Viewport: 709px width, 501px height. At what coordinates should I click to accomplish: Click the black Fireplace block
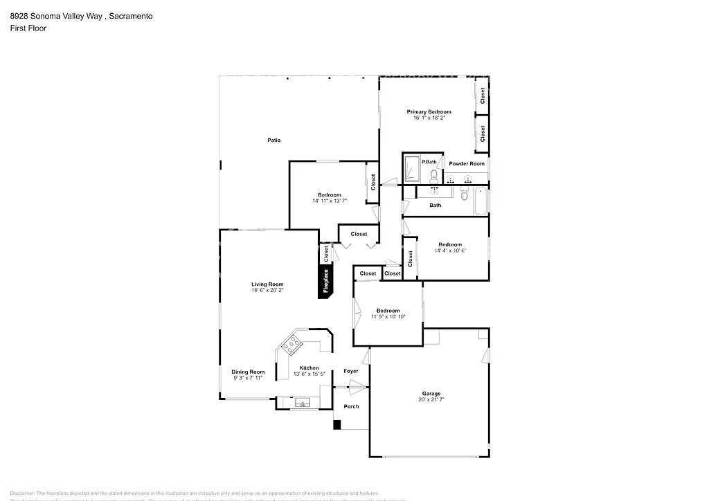pos(325,281)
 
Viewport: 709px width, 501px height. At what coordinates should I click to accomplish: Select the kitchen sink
pos(303,402)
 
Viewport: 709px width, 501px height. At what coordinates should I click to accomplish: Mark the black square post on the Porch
pos(337,425)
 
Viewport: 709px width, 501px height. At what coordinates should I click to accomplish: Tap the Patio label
pos(274,140)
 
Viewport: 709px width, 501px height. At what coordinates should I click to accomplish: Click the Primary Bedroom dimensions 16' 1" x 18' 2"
pos(429,118)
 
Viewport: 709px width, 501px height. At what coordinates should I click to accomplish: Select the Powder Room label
pos(467,163)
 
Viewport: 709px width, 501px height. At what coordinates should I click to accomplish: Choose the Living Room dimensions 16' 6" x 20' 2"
pos(267,291)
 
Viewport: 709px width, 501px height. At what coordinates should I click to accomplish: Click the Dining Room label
pos(248,372)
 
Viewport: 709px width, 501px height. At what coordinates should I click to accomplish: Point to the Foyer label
pos(352,371)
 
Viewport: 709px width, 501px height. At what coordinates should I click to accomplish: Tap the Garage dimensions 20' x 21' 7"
pos(431,400)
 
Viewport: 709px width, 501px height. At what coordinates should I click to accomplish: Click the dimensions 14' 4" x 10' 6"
pos(450,250)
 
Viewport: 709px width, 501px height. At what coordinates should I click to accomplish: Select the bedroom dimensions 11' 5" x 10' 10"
pos(388,317)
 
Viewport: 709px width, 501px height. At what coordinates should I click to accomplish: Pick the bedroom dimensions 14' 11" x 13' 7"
pos(330,201)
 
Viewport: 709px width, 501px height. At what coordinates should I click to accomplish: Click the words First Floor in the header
pos(28,28)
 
